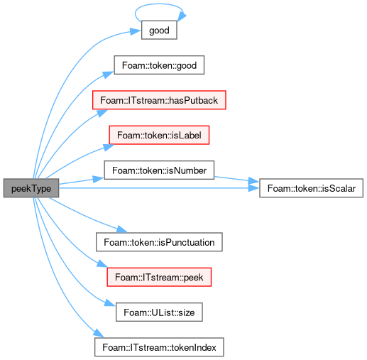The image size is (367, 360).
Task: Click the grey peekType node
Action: [31, 188]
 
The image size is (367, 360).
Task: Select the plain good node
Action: [159, 30]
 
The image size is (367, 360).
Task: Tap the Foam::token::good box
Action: [159, 65]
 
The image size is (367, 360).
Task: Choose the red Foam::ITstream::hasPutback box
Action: [159, 100]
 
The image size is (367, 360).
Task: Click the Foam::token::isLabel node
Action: [159, 135]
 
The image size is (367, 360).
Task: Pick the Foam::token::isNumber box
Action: [159, 170]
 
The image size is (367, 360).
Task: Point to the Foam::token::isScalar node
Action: [311, 188]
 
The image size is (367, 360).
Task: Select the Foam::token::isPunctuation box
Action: [159, 242]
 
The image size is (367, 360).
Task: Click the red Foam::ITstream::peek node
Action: [159, 277]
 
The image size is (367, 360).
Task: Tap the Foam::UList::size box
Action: [159, 312]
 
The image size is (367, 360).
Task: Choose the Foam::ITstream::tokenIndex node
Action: [159, 347]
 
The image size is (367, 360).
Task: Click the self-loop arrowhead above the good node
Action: [182, 16]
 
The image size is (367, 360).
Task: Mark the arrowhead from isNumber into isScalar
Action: [254, 182]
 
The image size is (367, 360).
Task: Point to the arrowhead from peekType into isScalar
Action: [254, 188]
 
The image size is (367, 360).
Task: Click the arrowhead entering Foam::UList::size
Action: [110, 303]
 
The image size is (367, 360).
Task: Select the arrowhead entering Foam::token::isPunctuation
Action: [122, 229]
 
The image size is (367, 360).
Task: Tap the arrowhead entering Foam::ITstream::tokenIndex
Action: [99, 333]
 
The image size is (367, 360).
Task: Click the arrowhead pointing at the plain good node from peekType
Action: [136, 31]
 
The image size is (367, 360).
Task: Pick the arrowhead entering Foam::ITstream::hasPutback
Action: [102, 113]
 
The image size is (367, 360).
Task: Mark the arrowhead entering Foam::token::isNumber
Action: [99, 179]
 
